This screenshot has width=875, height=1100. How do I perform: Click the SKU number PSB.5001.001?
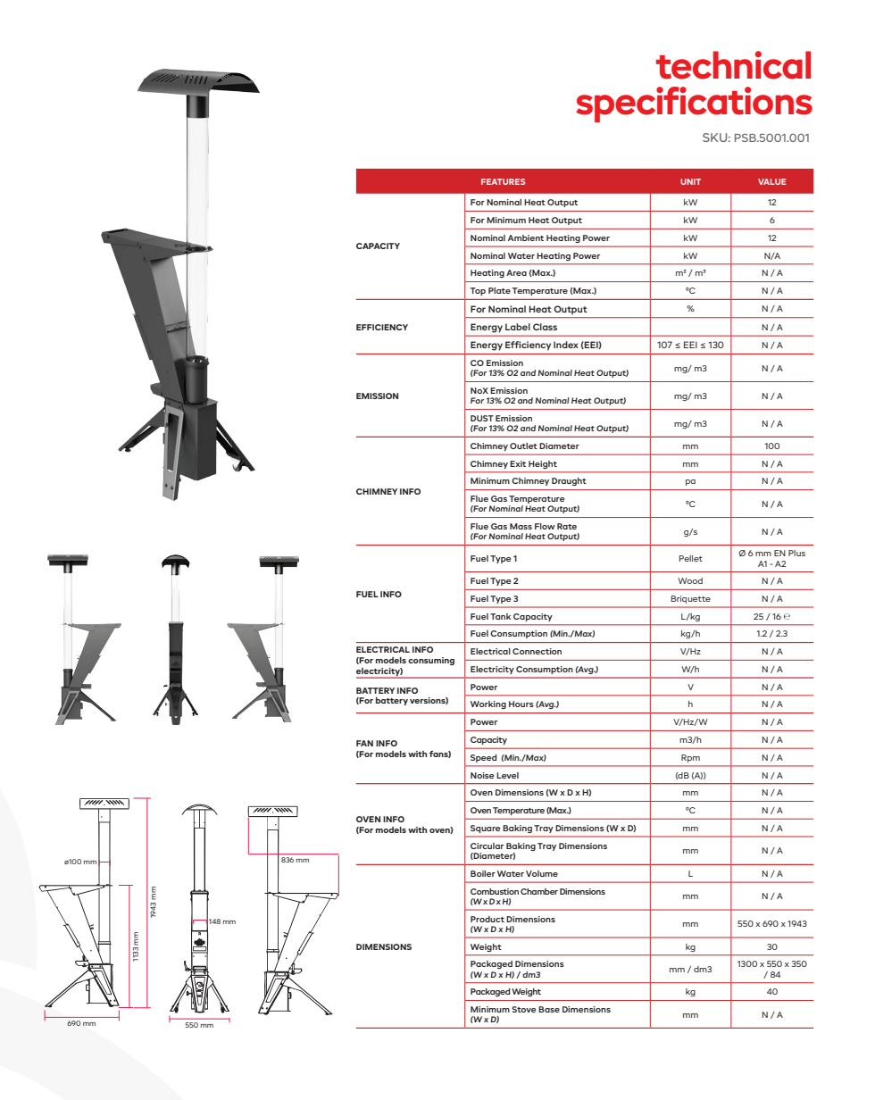tap(772, 138)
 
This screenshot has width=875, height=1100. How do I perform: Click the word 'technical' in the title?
tap(734, 67)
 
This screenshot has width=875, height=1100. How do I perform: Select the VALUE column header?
tap(771, 182)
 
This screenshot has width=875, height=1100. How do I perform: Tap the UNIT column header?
tap(690, 182)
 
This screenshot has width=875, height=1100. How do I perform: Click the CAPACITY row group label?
tap(378, 246)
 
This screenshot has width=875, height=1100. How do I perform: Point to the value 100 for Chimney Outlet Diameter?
tap(771, 446)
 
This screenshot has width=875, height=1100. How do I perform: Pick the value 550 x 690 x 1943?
tap(771, 923)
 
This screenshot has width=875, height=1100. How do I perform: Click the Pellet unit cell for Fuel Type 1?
tap(690, 559)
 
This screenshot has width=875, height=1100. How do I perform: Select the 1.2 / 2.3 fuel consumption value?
tap(771, 634)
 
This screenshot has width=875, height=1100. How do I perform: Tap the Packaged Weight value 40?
tap(771, 991)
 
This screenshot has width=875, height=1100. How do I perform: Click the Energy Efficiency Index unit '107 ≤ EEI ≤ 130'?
tap(690, 345)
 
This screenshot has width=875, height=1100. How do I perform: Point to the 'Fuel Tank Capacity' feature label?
tap(511, 616)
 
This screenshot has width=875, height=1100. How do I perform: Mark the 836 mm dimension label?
tap(295, 860)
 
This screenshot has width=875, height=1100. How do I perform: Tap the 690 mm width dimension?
tap(82, 1023)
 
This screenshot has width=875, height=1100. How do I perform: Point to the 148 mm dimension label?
tap(221, 921)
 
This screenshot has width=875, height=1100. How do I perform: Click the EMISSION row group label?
tap(378, 396)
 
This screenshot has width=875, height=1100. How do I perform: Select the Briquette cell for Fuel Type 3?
tap(690, 598)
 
